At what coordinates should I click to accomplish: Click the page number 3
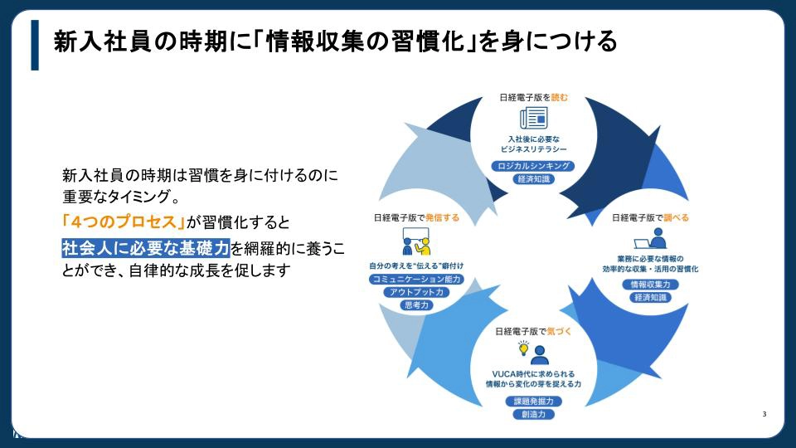(x=764, y=413)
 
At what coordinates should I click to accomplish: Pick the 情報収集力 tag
(x=650, y=285)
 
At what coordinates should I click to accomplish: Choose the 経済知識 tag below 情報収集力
(x=650, y=297)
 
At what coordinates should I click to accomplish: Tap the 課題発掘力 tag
(x=532, y=402)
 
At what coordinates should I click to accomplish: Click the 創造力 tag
(x=532, y=414)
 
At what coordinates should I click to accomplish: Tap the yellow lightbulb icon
(x=523, y=348)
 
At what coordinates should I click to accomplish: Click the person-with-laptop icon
(x=651, y=239)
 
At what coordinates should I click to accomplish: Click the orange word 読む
(x=561, y=96)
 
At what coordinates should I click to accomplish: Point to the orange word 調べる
(x=677, y=218)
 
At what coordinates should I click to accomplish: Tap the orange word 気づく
(x=559, y=332)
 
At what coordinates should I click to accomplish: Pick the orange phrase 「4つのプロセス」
(x=124, y=222)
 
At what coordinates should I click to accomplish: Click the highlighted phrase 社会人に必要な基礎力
(x=146, y=247)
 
